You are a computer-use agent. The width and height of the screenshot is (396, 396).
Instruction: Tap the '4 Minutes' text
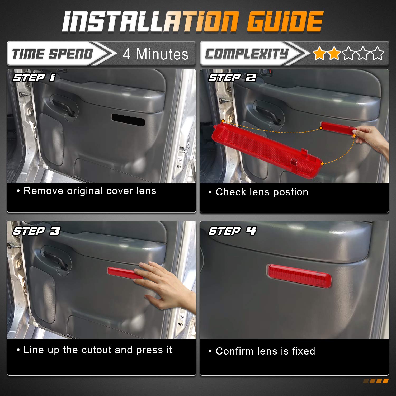tap(156, 54)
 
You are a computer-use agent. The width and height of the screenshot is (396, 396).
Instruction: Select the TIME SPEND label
tap(53, 54)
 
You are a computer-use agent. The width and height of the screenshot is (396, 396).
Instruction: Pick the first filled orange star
tap(319, 54)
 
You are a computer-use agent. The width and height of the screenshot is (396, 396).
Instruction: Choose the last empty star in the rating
tap(378, 54)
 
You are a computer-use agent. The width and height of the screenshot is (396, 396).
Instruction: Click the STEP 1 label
tap(34, 78)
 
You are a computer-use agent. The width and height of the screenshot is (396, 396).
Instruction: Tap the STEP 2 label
tap(232, 78)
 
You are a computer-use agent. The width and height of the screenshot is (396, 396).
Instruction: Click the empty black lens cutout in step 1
tap(128, 120)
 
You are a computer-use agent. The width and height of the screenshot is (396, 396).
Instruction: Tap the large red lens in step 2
tap(267, 149)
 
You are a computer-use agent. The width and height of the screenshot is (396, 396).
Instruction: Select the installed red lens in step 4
tap(300, 276)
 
